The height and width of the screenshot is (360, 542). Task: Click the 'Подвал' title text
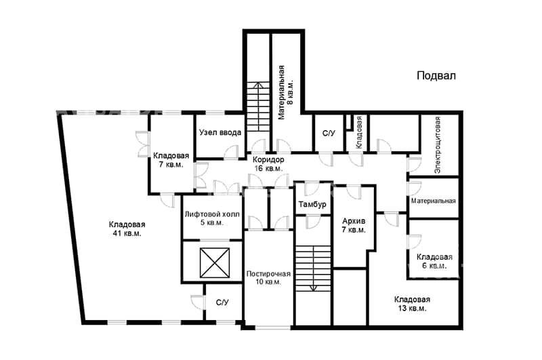[436, 76]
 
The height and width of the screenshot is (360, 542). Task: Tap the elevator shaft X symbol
[215, 263]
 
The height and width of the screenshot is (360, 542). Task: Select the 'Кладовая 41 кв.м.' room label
[127, 229]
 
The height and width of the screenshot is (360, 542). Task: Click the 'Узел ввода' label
[220, 132]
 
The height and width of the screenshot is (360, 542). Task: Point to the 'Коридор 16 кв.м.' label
[268, 164]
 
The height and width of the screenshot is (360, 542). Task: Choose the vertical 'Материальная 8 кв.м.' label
[286, 92]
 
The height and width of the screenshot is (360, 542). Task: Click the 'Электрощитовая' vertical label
[437, 145]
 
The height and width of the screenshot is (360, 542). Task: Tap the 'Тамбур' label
[312, 204]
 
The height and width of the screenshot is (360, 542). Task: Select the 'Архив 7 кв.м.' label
[354, 225]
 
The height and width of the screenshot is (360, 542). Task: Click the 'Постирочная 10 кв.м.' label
[268, 278]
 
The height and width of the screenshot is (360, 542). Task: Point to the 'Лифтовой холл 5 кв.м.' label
[212, 218]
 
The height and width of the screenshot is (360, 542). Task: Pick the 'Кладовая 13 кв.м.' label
[412, 304]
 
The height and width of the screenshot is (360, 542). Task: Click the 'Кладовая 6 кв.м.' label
[434, 262]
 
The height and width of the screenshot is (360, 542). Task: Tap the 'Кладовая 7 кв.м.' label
[171, 160]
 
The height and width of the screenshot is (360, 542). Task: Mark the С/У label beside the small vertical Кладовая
[329, 133]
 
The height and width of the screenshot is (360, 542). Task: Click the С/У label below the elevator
[222, 302]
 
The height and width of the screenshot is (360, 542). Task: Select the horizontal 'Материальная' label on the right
[433, 201]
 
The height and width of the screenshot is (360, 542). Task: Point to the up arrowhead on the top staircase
[258, 84]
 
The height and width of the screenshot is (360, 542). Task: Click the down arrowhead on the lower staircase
[314, 288]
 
